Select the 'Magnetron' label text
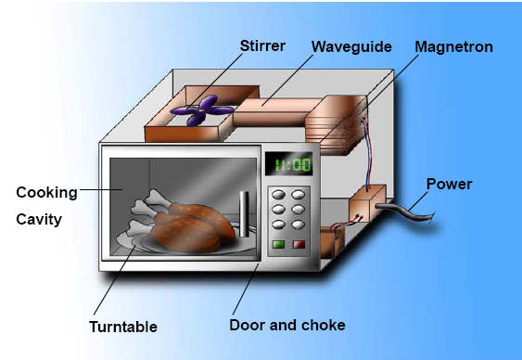[453, 45]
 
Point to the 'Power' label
[449, 184]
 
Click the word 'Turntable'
[123, 327]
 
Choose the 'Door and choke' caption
[286, 326]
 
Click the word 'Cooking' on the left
[46, 192]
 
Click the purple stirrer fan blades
[199, 112]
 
